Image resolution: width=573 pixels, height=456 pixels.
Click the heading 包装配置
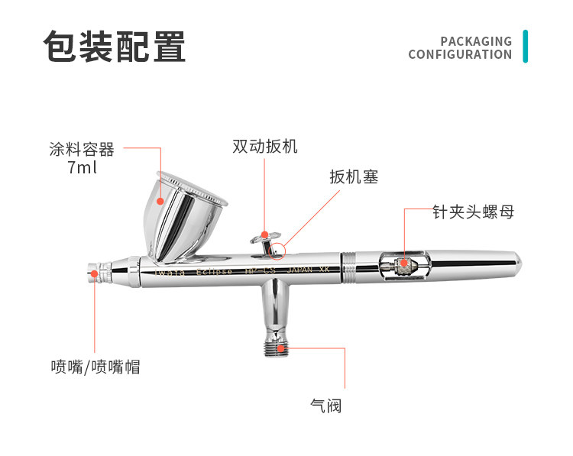[115, 47]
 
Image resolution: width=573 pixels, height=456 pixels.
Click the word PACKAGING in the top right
[476, 41]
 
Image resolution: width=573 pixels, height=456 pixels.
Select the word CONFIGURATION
[460, 55]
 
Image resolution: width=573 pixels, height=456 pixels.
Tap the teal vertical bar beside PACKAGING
[525, 47]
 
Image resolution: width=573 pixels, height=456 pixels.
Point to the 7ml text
[83, 167]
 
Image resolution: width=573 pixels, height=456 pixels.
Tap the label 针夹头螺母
[472, 212]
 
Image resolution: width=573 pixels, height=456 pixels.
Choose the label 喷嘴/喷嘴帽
[95, 367]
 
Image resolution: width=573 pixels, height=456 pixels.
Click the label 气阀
[326, 406]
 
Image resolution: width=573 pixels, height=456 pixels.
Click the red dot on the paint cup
[160, 200]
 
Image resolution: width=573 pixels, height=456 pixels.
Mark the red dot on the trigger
[264, 234]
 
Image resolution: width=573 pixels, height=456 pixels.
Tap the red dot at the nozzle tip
[94, 273]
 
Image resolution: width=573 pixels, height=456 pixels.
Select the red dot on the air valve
[282, 348]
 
